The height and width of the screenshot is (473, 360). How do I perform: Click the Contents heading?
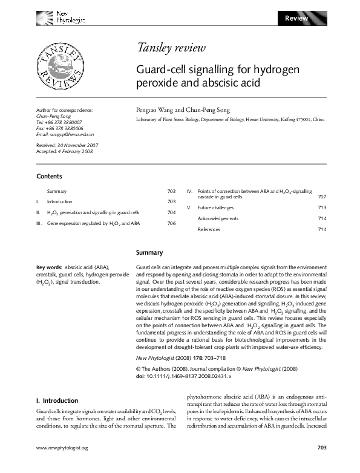click(x=50, y=177)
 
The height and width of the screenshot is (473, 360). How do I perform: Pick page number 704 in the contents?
click(x=171, y=213)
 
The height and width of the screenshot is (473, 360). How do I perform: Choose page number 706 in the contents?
click(x=171, y=224)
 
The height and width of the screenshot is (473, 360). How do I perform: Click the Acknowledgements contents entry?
click(x=218, y=218)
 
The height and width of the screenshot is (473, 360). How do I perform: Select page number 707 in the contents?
click(x=322, y=197)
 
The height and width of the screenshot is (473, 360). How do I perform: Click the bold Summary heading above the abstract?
click(x=149, y=252)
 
